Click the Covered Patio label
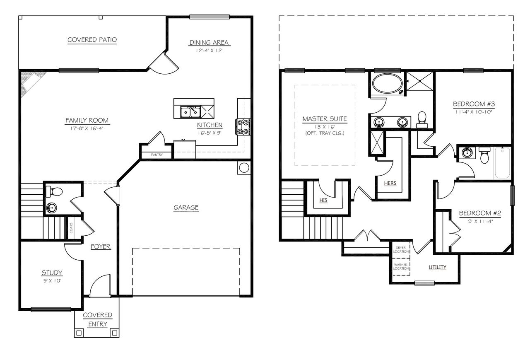coord(92,40)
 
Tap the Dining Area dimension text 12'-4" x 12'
coord(209,51)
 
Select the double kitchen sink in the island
coord(190,112)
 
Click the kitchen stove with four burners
coord(243,127)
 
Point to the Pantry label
coord(157,155)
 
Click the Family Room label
coord(87,121)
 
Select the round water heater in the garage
coord(244,168)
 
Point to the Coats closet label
coord(71,228)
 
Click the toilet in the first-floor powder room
coord(55,191)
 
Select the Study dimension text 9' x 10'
coord(52,280)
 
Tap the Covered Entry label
coord(97,319)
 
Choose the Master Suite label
coord(325,119)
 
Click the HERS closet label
coord(390,183)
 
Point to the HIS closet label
coord(323,200)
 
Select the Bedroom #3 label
coord(472,104)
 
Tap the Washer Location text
coord(401,266)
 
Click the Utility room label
coord(437,267)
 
